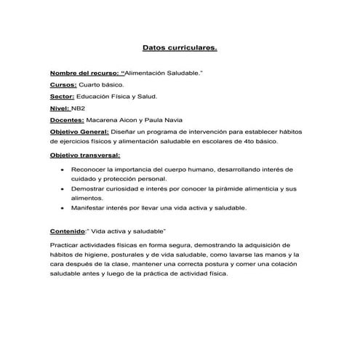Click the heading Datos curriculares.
coord(179,50)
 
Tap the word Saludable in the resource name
coord(182,73)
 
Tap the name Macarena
coord(107,119)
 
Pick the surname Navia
coord(189,119)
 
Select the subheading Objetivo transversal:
coord(85,155)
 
